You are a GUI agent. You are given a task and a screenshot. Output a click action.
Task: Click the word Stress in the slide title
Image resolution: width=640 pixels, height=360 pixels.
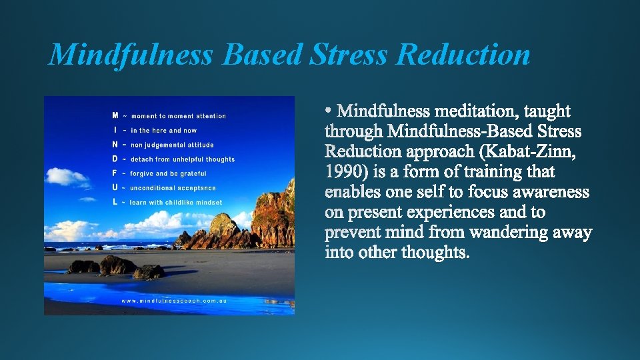point(348,55)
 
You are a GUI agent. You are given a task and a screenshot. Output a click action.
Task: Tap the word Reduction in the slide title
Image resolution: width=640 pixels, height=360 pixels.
point(463,55)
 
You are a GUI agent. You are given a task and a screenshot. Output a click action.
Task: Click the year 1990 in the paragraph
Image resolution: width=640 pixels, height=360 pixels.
point(346,171)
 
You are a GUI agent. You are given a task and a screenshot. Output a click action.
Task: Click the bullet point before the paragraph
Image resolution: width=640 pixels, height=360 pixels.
point(330,108)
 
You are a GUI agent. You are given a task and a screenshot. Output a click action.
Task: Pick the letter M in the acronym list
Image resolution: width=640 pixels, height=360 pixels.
point(115,115)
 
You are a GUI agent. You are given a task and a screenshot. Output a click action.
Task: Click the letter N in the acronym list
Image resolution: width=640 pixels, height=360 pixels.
point(115,144)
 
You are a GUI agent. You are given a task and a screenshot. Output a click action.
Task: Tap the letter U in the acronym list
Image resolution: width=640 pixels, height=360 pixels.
point(115,187)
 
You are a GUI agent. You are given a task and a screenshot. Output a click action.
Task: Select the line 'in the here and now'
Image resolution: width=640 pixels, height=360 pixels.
point(164,131)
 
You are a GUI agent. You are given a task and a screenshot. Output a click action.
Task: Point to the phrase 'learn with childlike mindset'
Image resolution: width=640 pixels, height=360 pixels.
point(176,202)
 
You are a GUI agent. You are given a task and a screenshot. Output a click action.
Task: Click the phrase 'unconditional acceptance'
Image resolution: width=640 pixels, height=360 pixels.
point(173,188)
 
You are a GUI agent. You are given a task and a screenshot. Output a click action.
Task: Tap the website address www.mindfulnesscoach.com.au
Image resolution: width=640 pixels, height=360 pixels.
point(174,301)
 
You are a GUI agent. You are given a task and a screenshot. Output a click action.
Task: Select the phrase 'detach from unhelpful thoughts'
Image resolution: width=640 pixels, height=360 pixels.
point(183,159)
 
